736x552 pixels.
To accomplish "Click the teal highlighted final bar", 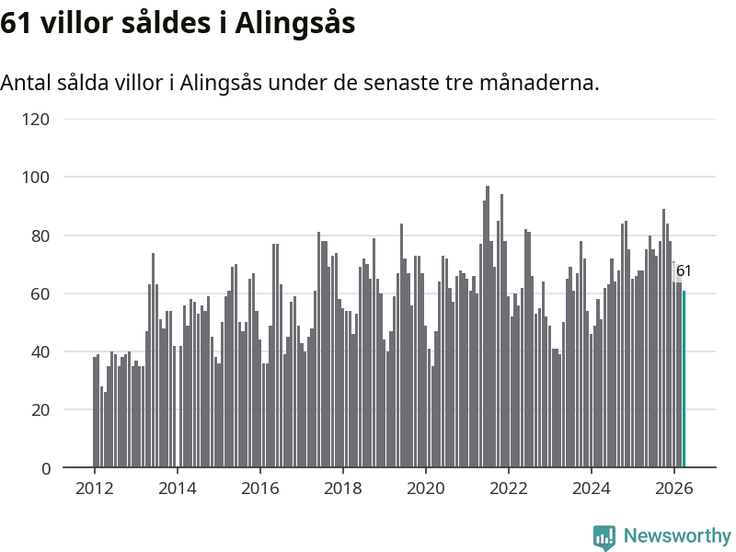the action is point(684,379).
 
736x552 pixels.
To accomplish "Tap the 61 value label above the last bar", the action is point(684,271).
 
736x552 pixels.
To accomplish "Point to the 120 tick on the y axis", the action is point(36,120).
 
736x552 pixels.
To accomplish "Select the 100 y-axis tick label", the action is point(36,178).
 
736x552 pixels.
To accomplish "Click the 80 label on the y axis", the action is point(40,236).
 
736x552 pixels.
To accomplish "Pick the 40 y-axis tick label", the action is point(40,351).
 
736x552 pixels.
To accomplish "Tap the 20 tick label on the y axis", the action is point(40,409).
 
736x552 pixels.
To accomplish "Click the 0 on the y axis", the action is point(45,468).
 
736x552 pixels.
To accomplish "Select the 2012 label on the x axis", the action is point(95,489).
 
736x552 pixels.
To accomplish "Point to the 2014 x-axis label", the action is point(177,489).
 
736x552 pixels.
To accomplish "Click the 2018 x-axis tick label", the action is point(342,489).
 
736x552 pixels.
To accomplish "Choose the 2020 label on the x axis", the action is point(425,489).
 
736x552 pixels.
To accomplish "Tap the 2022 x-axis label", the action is point(509,489).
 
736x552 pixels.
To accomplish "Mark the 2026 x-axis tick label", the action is point(673,489).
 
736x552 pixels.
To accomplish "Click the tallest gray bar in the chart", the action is point(488,327).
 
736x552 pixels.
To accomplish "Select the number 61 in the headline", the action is point(16,23).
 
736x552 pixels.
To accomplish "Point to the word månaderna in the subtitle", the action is point(539,83).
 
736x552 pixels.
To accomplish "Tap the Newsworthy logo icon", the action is point(604,537).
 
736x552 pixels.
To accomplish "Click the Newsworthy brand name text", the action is point(677,535).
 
